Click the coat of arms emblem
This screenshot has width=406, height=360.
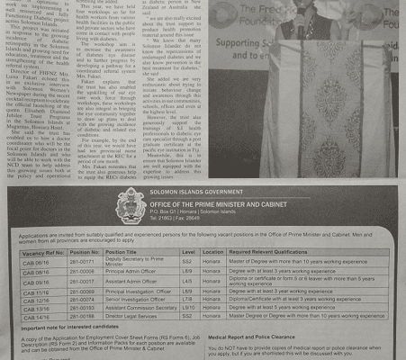[131, 206]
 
